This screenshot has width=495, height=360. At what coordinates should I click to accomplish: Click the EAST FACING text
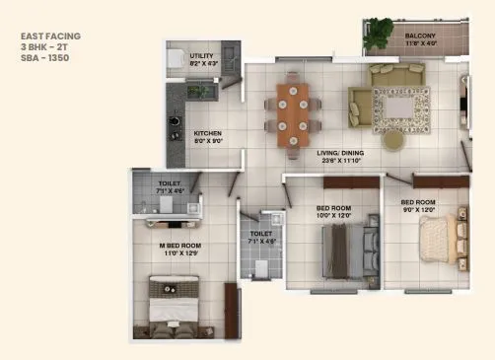50,36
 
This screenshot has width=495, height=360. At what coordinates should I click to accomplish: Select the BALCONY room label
420,36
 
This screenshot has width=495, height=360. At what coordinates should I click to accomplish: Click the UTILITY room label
202,56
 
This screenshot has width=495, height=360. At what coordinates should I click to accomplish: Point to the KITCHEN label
207,133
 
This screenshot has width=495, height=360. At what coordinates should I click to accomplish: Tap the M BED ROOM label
180,245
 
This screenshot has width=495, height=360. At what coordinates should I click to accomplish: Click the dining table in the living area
293,112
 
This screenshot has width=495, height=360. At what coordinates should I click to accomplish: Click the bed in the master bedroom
180,305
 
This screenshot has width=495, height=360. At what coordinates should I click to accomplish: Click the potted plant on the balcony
381,32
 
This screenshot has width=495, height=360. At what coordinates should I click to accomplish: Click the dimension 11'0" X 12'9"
180,253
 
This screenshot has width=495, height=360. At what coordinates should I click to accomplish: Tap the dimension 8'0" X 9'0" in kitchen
207,141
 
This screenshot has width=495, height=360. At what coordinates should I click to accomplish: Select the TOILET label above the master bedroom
169,184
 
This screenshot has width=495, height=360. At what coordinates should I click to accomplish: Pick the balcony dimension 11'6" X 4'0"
420,43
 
